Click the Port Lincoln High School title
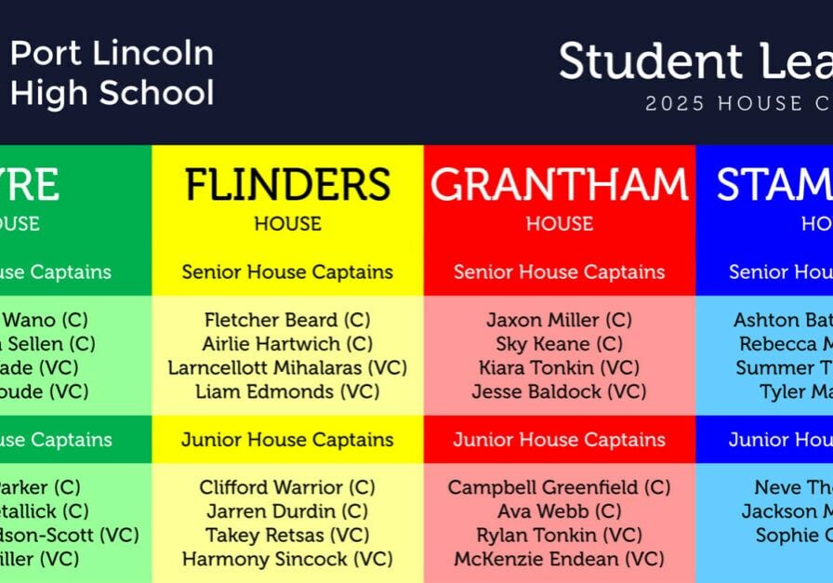tap(112, 73)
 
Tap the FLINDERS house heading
tap(287, 186)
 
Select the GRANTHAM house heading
tap(559, 186)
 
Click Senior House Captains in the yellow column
tap(287, 272)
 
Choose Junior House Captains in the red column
tap(559, 440)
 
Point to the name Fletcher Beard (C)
tap(287, 320)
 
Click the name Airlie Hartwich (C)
tap(287, 344)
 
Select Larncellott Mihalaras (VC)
tap(287, 368)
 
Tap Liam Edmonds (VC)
tap(287, 392)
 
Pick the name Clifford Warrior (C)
tap(287, 487)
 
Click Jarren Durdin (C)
tap(287, 511)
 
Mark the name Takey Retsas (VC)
tap(287, 536)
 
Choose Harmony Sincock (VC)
tap(287, 560)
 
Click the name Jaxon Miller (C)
tap(559, 320)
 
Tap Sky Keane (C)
tap(559, 344)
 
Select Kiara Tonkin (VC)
tap(559, 368)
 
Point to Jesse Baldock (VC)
tap(559, 392)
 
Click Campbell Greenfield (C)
tap(559, 487)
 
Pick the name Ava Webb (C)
tap(559, 511)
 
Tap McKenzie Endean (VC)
tap(559, 560)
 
